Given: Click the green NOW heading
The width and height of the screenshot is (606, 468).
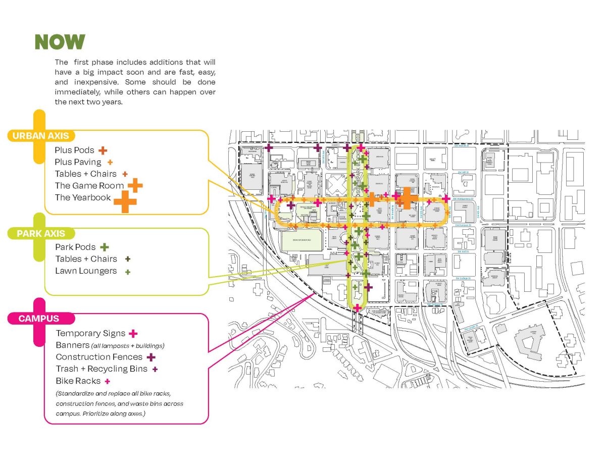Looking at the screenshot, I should tap(60, 42).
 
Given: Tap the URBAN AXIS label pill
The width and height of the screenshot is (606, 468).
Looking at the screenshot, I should tap(41, 136).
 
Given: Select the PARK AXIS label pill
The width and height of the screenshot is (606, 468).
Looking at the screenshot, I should tap(41, 234).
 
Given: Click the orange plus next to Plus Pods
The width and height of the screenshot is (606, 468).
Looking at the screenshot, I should tap(103, 150).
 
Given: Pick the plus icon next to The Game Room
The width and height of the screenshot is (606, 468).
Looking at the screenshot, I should tap(135, 185).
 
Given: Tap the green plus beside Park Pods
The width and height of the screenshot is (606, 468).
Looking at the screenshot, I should tap(104, 247).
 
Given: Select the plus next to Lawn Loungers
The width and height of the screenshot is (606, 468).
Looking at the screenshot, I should tap(128, 272).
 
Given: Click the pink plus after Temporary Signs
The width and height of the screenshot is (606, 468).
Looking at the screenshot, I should tap(133, 333).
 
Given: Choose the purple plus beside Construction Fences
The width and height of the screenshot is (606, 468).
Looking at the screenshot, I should tap(150, 357).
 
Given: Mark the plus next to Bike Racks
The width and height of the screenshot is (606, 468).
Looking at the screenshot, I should tap(107, 381).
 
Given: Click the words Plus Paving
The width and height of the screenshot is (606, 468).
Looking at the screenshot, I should tap(78, 162).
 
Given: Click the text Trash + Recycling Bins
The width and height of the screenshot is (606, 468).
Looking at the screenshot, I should tap(102, 369).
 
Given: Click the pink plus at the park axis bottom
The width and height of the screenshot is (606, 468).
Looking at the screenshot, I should tap(358, 307).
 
